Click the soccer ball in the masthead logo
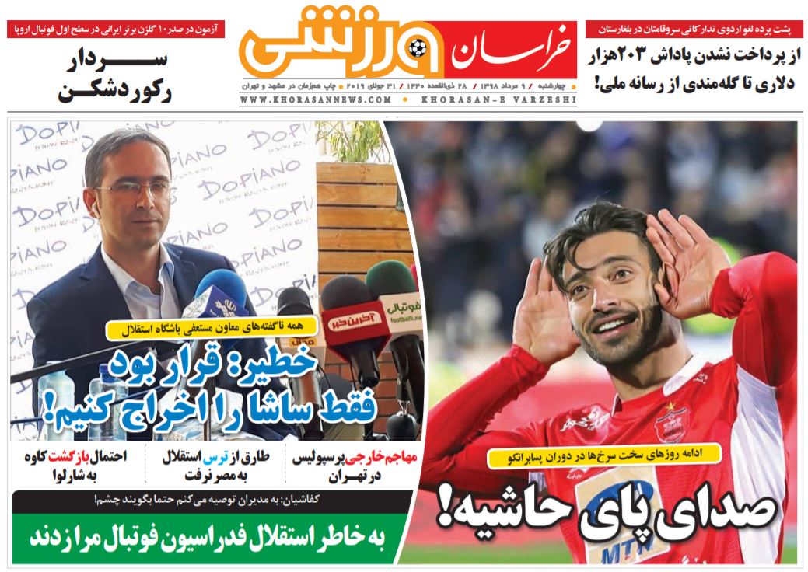[x=418, y=47]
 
